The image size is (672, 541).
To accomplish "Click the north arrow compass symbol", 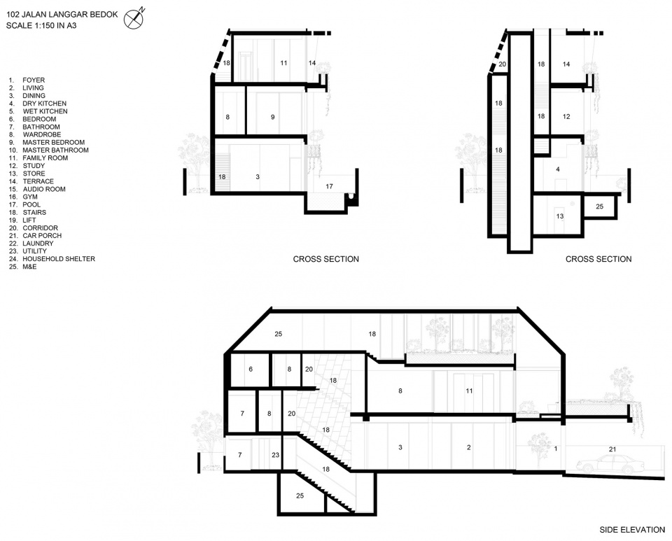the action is (x=134, y=18).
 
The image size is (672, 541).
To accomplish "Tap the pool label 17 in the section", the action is (x=329, y=186).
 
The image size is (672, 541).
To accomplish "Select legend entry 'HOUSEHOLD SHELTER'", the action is (x=59, y=259).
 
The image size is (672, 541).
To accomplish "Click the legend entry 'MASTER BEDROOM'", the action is (x=54, y=142).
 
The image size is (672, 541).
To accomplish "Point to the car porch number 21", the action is (x=612, y=449).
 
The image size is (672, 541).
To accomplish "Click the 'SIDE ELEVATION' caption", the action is (x=632, y=530).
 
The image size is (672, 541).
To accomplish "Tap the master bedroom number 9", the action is (x=272, y=117).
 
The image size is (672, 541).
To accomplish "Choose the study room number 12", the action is (x=566, y=116).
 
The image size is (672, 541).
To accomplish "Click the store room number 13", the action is (x=560, y=216).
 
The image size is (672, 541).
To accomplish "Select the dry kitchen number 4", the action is (x=558, y=169).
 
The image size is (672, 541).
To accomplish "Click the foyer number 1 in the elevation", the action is (x=556, y=449).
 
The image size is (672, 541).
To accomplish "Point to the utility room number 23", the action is (x=275, y=455).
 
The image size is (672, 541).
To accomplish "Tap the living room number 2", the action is (x=469, y=447).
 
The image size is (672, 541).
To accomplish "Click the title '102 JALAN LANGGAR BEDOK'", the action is (x=62, y=14).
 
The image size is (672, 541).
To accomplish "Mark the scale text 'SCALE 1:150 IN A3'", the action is (x=41, y=25).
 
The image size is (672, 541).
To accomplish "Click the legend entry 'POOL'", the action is (x=31, y=204).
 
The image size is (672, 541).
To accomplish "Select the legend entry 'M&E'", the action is (x=29, y=267).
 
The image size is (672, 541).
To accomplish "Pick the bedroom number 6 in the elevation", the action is (x=251, y=369).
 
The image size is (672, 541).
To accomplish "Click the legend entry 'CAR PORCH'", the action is (x=42, y=236).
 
